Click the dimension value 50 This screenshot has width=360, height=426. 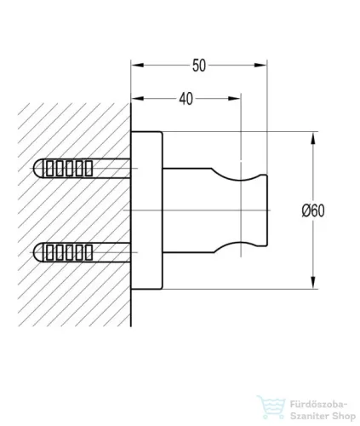tap(199, 66)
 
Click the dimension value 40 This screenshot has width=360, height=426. tap(186, 99)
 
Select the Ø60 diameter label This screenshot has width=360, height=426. tap(313, 210)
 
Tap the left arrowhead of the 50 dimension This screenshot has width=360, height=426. tap(138, 66)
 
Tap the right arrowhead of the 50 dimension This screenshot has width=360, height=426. tap(260, 66)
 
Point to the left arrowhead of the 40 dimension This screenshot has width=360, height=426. tap(138, 99)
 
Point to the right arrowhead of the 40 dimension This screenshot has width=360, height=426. tap(234, 99)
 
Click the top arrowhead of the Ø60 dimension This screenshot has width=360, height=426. tap(313, 139)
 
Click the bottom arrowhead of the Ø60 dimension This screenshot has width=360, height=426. tap(313, 283)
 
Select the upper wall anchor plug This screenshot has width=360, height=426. tap(83, 168)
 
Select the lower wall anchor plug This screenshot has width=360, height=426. tap(83, 252)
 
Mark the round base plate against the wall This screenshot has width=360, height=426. tap(147, 210)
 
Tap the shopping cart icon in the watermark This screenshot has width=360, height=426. tap(271, 406)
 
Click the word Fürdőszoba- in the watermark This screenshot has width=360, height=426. tap(318, 404)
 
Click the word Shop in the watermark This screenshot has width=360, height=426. tap(342, 417)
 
